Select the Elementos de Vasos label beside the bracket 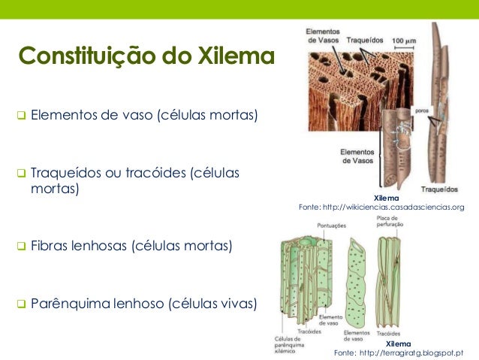[358, 155]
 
